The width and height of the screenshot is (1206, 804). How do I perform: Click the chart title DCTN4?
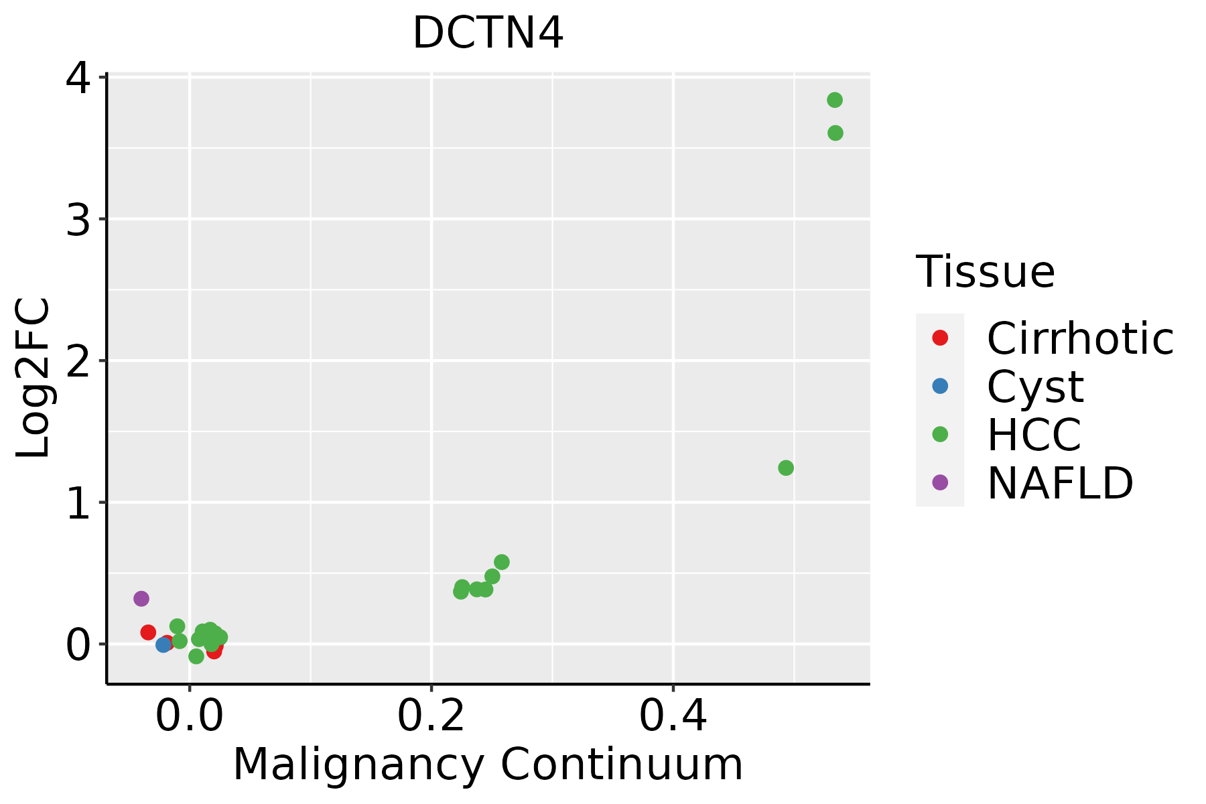[488, 33]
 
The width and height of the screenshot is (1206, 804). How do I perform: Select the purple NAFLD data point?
[141, 598]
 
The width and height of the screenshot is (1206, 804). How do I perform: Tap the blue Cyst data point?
[163, 645]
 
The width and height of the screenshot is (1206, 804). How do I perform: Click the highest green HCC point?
[834, 100]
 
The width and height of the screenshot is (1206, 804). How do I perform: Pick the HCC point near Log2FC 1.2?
[786, 468]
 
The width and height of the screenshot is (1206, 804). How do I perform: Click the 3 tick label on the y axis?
[78, 220]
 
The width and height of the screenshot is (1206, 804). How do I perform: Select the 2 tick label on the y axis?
[78, 361]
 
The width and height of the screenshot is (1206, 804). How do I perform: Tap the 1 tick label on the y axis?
[78, 503]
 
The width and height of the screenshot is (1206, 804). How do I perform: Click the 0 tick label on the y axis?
[78, 645]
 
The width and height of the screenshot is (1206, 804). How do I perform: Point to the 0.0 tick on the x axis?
[190, 716]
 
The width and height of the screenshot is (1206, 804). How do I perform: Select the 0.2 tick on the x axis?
[431, 716]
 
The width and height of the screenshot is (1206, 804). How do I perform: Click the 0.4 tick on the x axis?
[673, 716]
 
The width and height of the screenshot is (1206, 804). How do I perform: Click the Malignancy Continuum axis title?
[488, 764]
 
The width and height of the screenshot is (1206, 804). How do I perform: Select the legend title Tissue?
[985, 272]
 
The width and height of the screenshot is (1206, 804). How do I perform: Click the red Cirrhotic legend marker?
[940, 338]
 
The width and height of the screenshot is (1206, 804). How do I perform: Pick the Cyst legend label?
[1035, 387]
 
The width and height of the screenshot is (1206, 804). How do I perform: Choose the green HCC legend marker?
[940, 434]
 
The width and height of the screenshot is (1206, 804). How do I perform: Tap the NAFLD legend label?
[1060, 483]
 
